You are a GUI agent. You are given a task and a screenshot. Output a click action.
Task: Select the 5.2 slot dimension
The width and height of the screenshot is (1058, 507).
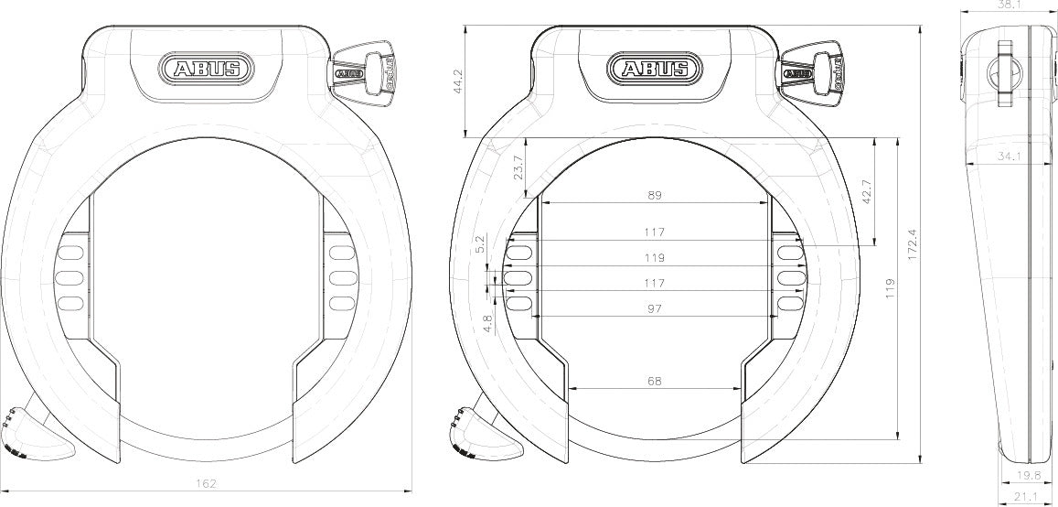pyautogui.click(x=482, y=244)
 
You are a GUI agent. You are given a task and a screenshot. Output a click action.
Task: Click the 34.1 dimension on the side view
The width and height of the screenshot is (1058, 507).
pyautogui.click(x=1009, y=157)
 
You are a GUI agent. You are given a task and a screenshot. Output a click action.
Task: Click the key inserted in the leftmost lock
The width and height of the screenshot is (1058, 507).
pyautogui.click(x=365, y=70)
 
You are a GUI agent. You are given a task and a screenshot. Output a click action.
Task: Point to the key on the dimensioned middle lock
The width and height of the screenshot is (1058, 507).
pyautogui.click(x=815, y=70)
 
